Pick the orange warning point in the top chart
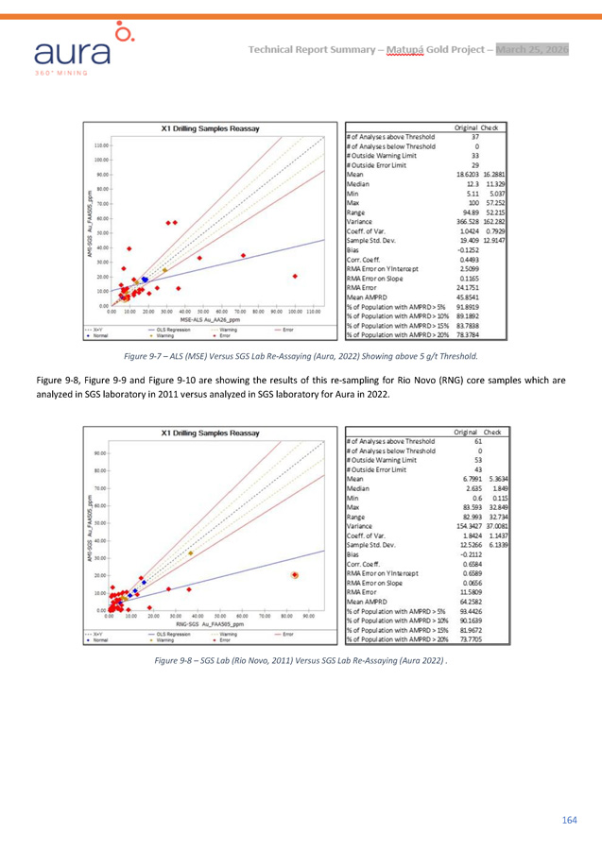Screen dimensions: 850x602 (x=164, y=270)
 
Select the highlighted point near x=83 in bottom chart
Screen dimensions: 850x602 (x=295, y=522)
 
